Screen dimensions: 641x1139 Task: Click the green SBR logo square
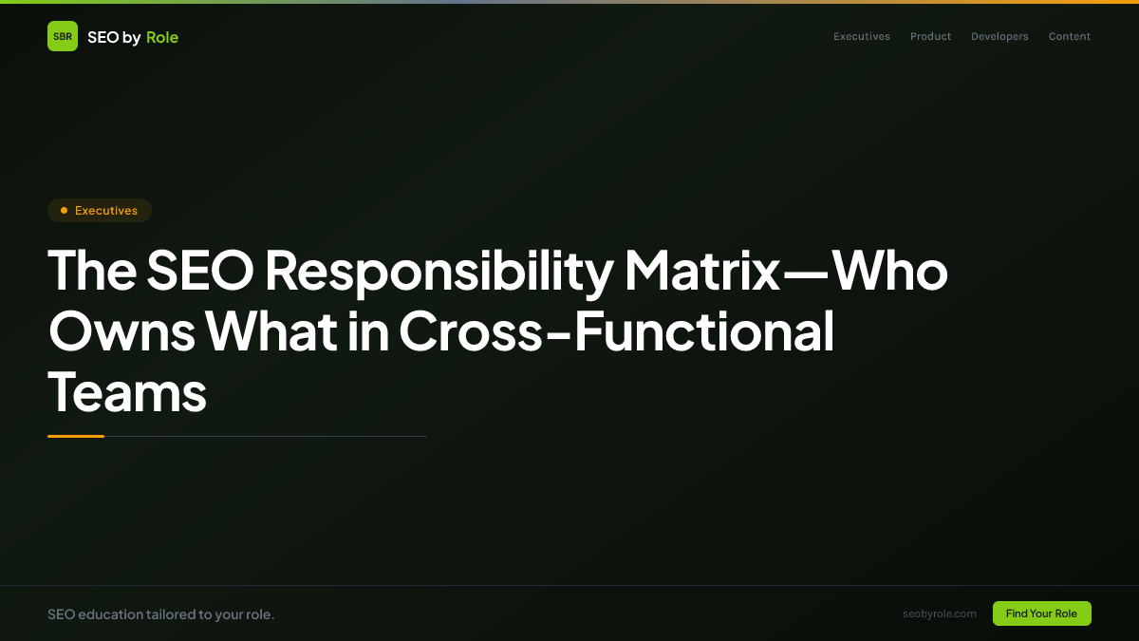[x=63, y=36]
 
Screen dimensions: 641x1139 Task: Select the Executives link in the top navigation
[x=862, y=37]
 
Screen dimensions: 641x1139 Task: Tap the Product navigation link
[x=930, y=37]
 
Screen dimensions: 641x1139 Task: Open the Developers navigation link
[x=999, y=37]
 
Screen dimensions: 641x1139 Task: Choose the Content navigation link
[x=1070, y=37]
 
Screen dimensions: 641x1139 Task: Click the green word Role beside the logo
[x=162, y=37]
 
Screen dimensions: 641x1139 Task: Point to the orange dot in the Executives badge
[x=64, y=211]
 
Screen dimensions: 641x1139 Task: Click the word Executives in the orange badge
[x=106, y=211]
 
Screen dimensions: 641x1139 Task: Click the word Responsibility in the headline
[x=439, y=272]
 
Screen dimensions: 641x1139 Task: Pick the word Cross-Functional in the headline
[x=616, y=330]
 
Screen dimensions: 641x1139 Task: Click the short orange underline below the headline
[x=76, y=436]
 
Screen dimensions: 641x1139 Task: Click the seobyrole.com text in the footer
[x=940, y=613]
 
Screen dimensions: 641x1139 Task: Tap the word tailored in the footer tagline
[x=171, y=614]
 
